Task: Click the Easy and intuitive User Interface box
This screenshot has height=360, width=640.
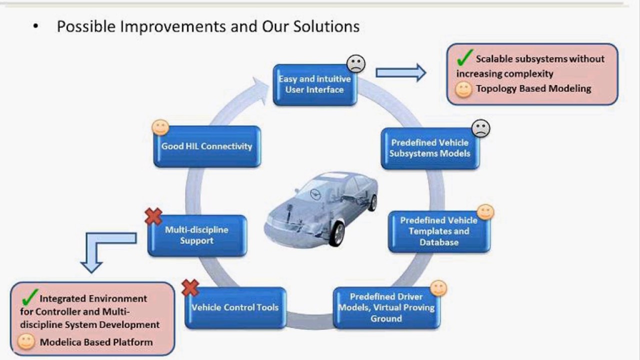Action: (x=314, y=85)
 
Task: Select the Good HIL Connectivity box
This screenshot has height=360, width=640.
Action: (x=206, y=146)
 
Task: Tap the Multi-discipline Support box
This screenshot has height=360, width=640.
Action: (x=196, y=235)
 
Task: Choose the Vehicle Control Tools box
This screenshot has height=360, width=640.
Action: (x=235, y=307)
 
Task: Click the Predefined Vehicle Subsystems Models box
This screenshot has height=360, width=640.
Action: (x=429, y=148)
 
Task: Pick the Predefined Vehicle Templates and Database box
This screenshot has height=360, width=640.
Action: (x=438, y=231)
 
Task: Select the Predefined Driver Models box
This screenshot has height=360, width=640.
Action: (x=386, y=307)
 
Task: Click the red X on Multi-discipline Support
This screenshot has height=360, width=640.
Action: (x=153, y=216)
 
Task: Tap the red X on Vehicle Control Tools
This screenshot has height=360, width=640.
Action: (x=190, y=287)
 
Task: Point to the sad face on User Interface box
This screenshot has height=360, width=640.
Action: (x=356, y=63)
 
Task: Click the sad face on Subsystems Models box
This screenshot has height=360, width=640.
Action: (x=480, y=128)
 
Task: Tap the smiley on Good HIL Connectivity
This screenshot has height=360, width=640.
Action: (x=160, y=127)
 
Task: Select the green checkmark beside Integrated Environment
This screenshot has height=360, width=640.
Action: (x=30, y=297)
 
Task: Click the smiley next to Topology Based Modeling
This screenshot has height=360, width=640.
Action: (x=463, y=89)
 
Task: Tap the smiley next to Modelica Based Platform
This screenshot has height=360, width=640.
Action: (x=26, y=342)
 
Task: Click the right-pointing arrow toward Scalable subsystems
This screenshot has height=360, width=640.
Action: (x=400, y=73)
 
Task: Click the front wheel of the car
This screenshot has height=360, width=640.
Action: (x=337, y=233)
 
